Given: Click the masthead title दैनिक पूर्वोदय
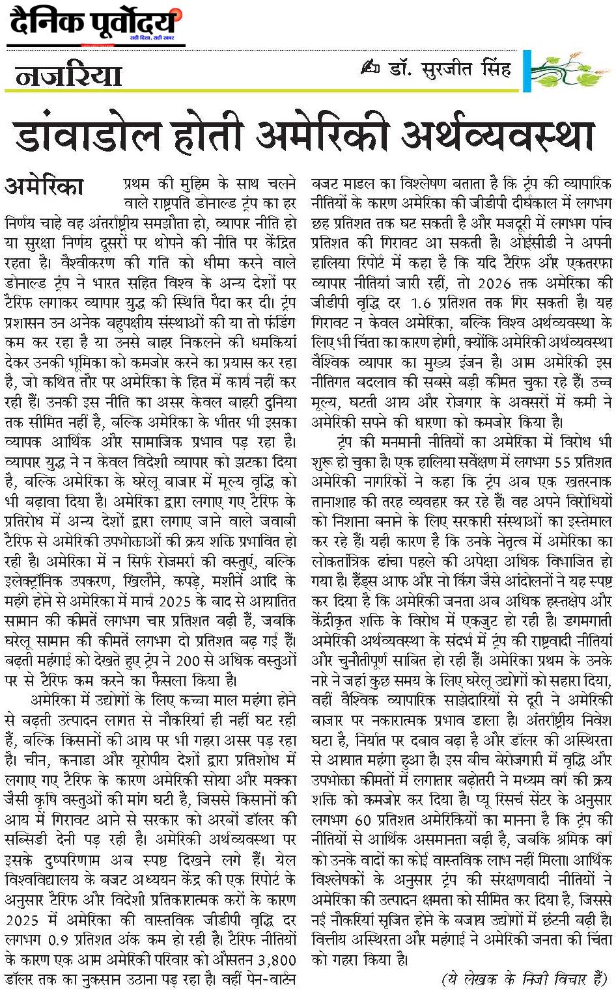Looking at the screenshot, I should click(94, 24).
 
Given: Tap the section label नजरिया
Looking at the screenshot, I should click(68, 76).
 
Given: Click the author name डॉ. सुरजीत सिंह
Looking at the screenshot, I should click(449, 68).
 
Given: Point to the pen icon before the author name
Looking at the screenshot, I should click(369, 68).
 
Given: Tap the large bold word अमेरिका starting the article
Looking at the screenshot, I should click(44, 186).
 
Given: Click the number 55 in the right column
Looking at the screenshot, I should click(563, 462).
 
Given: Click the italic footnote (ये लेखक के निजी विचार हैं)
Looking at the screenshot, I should click(525, 979).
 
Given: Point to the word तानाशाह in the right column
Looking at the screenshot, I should click(342, 502).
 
